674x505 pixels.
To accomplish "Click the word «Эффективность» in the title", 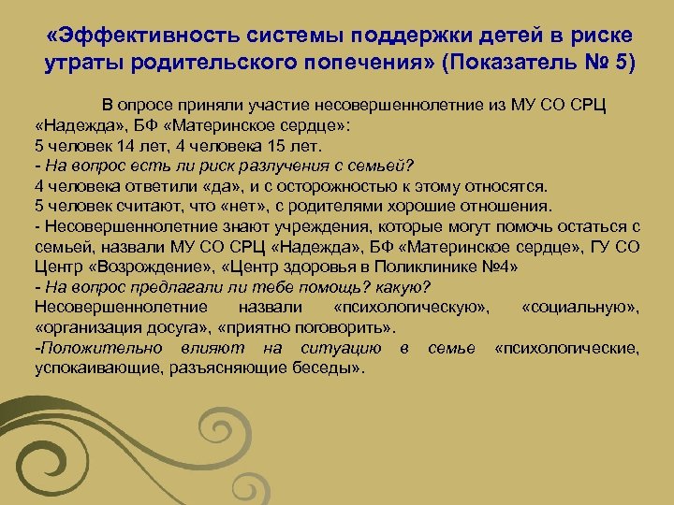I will point(153,35).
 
